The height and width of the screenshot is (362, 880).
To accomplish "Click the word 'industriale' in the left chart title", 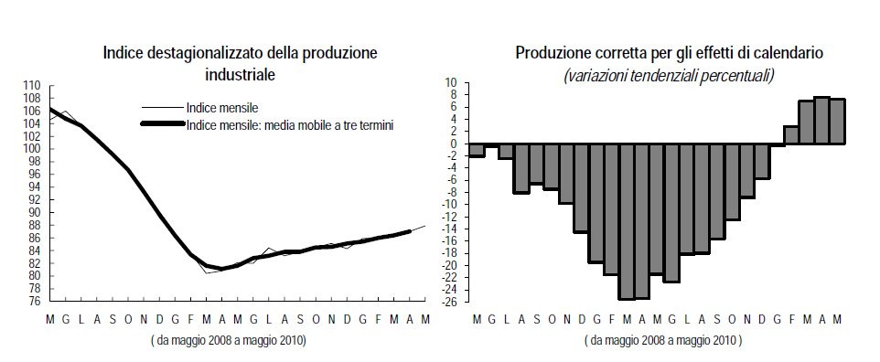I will (x=239, y=70).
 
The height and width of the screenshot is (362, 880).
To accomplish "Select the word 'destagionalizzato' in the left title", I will (x=197, y=53).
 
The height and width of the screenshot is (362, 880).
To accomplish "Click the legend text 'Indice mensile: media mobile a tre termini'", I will (x=289, y=123).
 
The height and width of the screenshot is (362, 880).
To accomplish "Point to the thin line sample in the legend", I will (x=162, y=107).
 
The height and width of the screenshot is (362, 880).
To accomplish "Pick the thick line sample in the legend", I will (x=162, y=123).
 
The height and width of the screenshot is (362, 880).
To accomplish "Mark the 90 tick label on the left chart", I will (x=35, y=212).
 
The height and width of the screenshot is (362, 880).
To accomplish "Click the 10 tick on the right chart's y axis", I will (x=451, y=83).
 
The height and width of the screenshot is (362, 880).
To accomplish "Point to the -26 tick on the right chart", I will (x=449, y=302).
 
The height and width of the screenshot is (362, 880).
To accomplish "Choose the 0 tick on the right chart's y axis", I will (x=454, y=144).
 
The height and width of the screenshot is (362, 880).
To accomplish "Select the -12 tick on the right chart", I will (x=449, y=217).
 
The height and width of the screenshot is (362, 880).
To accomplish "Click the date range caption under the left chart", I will (x=229, y=340).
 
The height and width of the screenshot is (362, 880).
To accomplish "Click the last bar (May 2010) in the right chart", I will (x=837, y=122).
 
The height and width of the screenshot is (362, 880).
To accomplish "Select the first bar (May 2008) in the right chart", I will (x=476, y=150).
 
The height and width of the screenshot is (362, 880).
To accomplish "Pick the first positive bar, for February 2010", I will (x=791, y=135).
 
